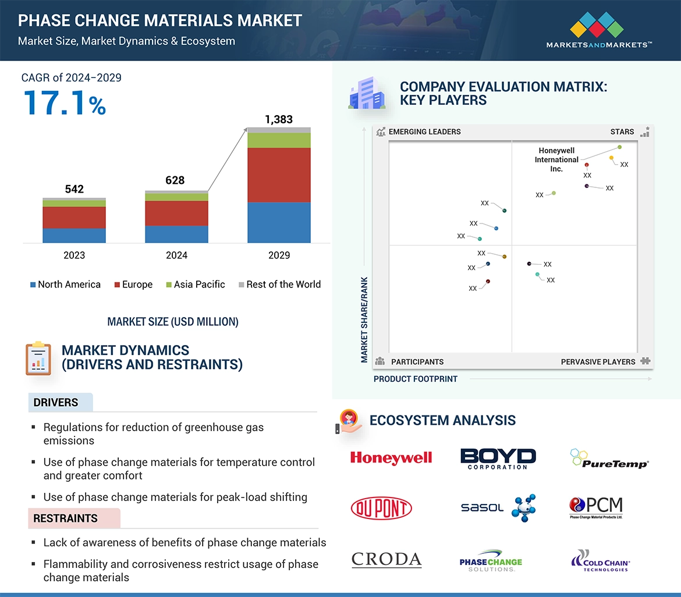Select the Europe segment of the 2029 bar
(x=279, y=175)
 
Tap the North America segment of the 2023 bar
(x=74, y=235)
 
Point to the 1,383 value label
(x=279, y=119)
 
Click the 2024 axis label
(x=176, y=255)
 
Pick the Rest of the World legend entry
(x=280, y=285)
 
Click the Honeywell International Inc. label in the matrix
(x=556, y=159)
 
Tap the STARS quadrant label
(x=622, y=132)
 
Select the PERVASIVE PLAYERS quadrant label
(x=598, y=361)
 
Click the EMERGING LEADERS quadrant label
(x=424, y=132)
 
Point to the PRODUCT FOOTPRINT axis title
(x=416, y=379)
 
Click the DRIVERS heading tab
(x=56, y=403)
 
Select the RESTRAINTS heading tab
(x=65, y=518)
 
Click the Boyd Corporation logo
(x=498, y=459)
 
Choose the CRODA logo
(x=386, y=560)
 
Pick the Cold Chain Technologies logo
(x=600, y=560)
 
